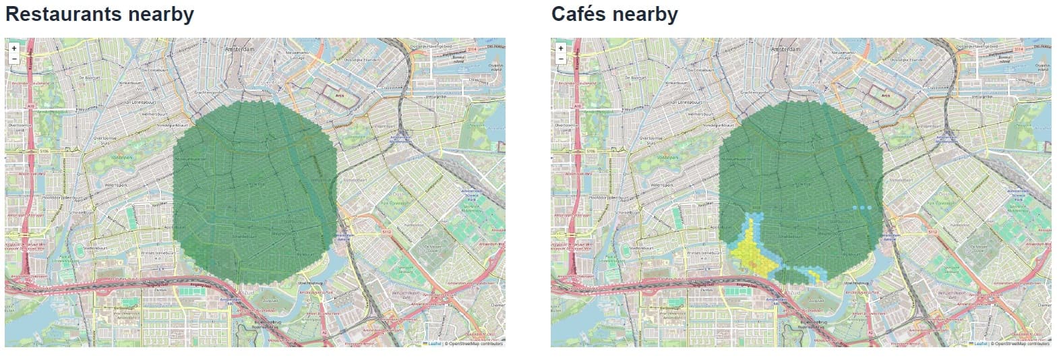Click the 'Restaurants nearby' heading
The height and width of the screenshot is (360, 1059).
[x=100, y=14]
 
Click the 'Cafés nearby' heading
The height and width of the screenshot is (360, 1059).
[x=614, y=14]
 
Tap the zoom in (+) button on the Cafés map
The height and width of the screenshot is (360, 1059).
[x=560, y=49]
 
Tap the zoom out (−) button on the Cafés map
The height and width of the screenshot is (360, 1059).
[x=560, y=59]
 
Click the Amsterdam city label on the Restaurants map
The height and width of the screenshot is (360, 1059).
[x=242, y=50]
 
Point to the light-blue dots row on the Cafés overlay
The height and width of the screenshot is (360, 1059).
[x=862, y=208]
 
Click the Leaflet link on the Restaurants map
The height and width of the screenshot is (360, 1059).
[x=433, y=344]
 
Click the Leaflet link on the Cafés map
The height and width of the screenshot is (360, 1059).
[x=979, y=344]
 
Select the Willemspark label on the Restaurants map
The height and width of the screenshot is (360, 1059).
[x=116, y=184]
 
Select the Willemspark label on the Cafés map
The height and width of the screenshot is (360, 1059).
[x=662, y=184]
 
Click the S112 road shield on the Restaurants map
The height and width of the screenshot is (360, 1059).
[x=387, y=232]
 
